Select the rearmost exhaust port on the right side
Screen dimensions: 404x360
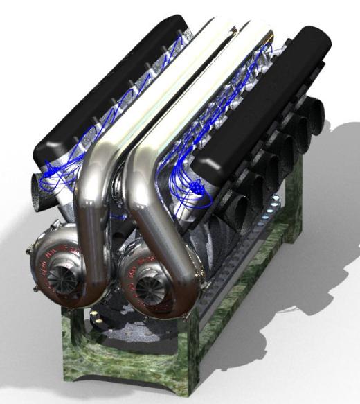click(316, 110)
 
